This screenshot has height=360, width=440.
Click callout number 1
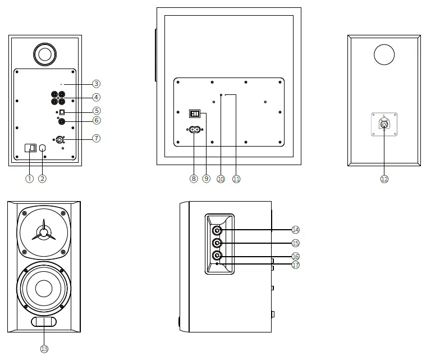pyautogui.click(x=30, y=179)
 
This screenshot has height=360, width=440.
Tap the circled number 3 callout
pyautogui.click(x=97, y=84)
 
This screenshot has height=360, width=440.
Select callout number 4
pyautogui.click(x=97, y=97)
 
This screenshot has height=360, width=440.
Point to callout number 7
pyautogui.click(x=97, y=138)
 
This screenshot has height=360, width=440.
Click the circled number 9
pyautogui.click(x=206, y=179)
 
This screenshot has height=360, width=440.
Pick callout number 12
pyautogui.click(x=384, y=179)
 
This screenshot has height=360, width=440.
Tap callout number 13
pyautogui.click(x=44, y=349)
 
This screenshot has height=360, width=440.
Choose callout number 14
pyautogui.click(x=296, y=230)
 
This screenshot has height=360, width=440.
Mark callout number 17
pyautogui.click(x=296, y=265)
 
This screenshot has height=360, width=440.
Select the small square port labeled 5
pyautogui.click(x=62, y=112)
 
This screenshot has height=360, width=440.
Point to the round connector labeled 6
pyautogui.click(x=62, y=121)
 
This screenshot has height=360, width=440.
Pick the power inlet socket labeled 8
pyautogui.click(x=194, y=130)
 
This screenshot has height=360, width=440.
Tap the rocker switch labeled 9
pyautogui.click(x=194, y=114)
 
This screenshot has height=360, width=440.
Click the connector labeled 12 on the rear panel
pyautogui.click(x=384, y=125)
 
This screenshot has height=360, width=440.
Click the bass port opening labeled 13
pyautogui.click(x=44, y=322)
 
